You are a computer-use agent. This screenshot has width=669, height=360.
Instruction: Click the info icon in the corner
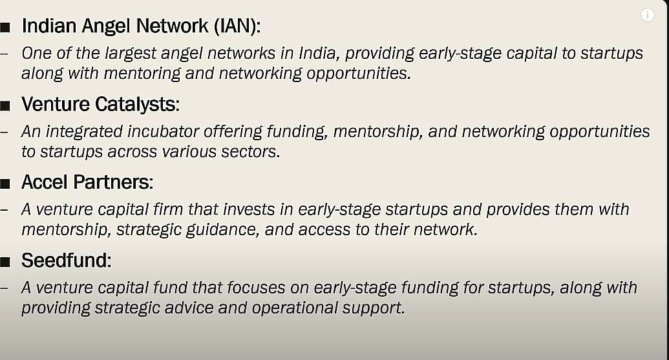click(647, 15)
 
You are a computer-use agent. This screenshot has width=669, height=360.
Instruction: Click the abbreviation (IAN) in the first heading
click(237, 26)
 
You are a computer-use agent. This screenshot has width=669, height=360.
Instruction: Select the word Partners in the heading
click(113, 182)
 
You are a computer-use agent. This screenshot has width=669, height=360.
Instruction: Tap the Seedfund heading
click(66, 260)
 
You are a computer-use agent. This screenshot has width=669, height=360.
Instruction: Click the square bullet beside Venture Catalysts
click(5, 105)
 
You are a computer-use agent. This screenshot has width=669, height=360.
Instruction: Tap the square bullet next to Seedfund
click(5, 262)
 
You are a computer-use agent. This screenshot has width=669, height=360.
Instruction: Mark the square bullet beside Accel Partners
click(5, 184)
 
